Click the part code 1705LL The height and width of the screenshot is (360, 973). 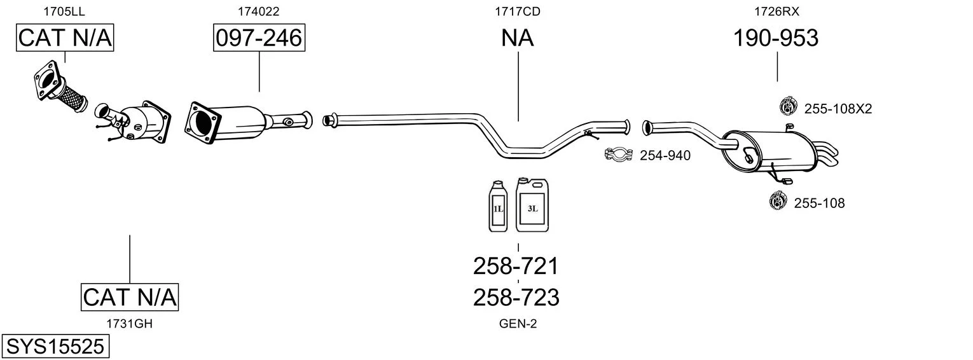[64, 11]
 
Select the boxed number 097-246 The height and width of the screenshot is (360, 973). [259, 38]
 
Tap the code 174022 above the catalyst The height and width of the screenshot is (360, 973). [259, 11]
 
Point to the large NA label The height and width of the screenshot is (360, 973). [518, 38]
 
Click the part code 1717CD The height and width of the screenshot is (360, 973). [518, 11]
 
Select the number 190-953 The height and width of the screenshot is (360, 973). [776, 38]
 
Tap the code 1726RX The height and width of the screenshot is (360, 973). [776, 11]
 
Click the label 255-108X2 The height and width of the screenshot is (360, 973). [838, 109]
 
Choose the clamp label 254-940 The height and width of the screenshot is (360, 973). [665, 155]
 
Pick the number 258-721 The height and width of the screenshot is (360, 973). [516, 266]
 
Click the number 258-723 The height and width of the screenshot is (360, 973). [516, 297]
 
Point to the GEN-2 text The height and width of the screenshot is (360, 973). [518, 324]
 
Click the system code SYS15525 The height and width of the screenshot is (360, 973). [55, 347]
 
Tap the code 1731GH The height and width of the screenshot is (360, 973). [130, 324]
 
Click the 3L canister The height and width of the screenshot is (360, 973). [532, 205]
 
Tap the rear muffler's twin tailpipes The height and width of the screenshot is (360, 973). [827, 153]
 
